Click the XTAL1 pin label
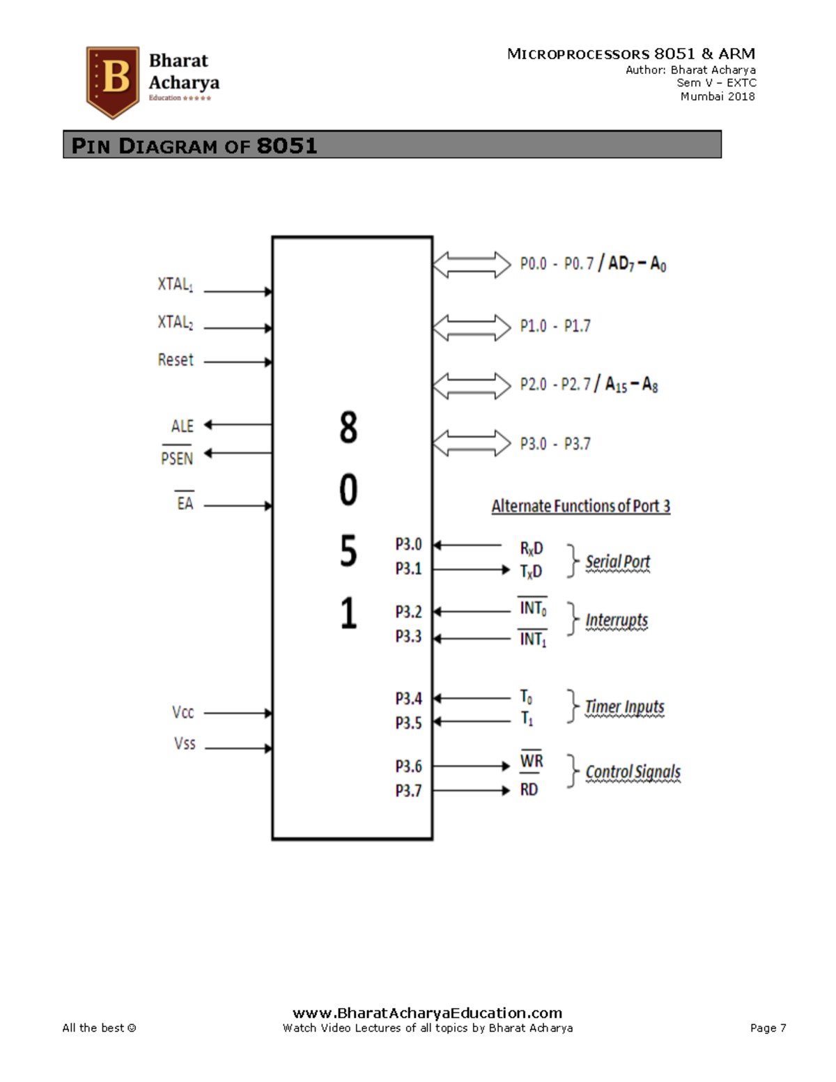(x=175, y=284)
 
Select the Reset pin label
(x=176, y=360)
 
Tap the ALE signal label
(x=183, y=426)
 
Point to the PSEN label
(x=177, y=458)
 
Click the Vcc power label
(x=183, y=712)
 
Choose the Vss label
(x=185, y=743)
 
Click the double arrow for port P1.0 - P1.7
(x=472, y=327)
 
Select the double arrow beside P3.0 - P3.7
(x=472, y=443)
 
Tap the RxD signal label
(x=532, y=548)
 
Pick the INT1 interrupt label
(x=533, y=639)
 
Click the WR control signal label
(x=532, y=761)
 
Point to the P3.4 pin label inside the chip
(x=409, y=698)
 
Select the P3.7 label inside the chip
(x=409, y=791)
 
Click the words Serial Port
(x=617, y=562)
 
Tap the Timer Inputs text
(x=624, y=707)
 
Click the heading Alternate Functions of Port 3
(x=580, y=506)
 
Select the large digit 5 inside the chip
(x=348, y=550)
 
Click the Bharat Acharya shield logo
(x=113, y=82)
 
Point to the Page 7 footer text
(x=768, y=1028)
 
